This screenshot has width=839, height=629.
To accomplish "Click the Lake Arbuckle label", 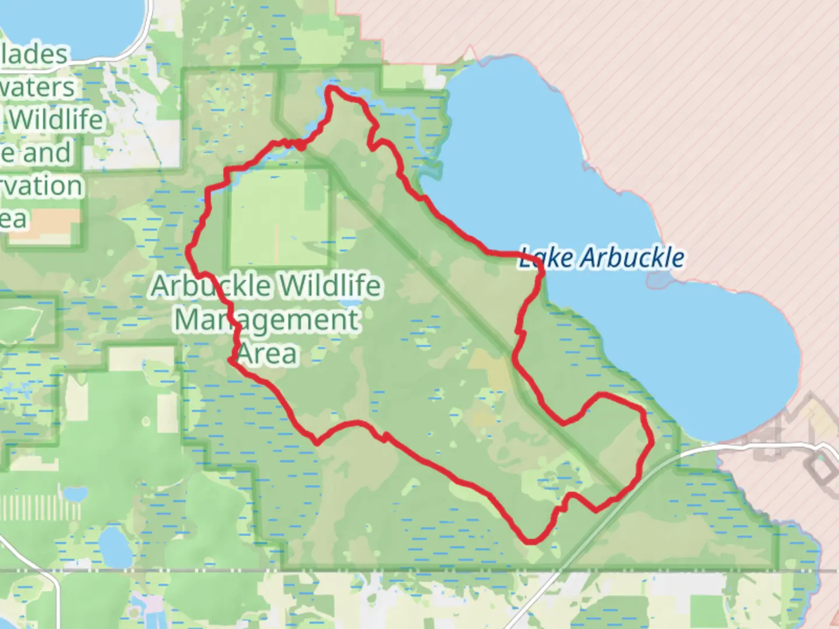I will coord(601,257).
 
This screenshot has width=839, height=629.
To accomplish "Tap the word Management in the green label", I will coord(267,320).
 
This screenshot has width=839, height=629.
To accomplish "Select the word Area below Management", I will coord(268,353).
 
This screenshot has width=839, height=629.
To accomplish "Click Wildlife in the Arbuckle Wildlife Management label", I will coord(330,286).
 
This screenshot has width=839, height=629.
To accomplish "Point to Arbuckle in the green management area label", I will coord(211,286).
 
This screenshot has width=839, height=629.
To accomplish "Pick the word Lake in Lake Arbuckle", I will coord(539,257).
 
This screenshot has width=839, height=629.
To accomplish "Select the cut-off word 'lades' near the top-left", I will coord(35,54).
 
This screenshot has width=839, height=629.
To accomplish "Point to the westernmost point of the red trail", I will coord(189,250).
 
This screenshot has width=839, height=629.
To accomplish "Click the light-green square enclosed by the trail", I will coord(279,217).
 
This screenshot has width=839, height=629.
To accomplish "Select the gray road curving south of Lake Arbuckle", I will coord(699,450).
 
